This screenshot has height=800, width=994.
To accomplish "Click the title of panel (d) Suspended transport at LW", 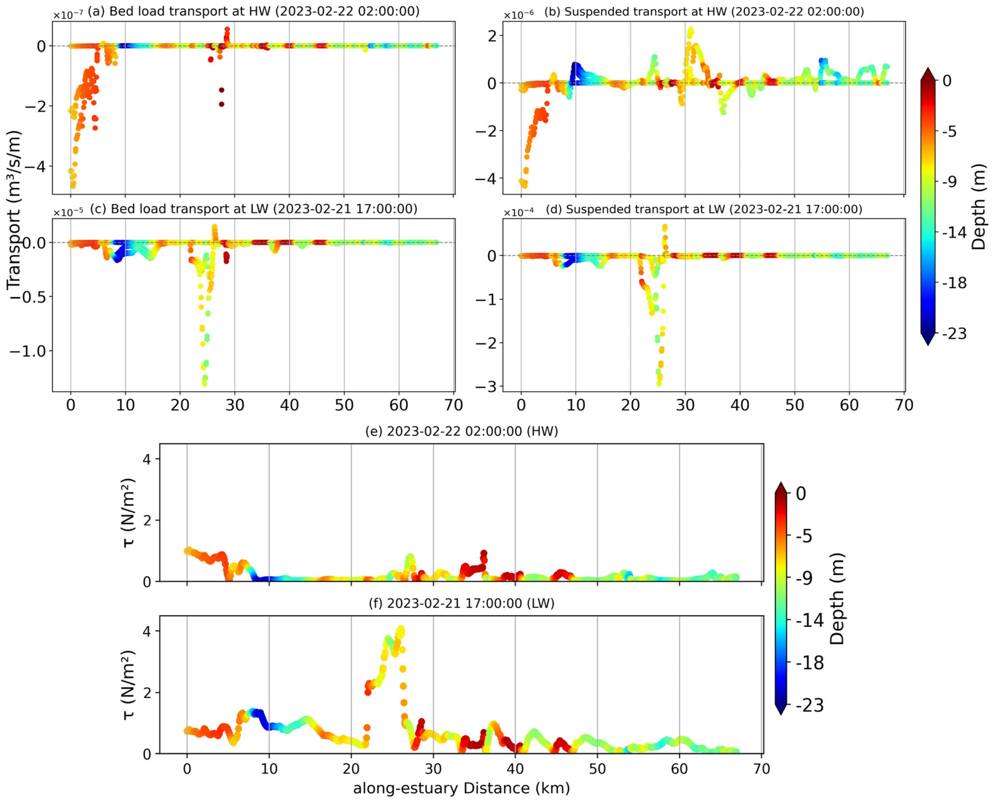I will point(704,209).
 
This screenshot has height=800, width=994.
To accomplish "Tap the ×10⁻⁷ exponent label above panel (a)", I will point(68,15).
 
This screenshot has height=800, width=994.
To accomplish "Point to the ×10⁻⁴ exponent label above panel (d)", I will point(518,213).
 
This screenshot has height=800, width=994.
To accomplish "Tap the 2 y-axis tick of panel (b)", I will point(493,35).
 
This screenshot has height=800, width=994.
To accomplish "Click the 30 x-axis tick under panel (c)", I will point(235,405).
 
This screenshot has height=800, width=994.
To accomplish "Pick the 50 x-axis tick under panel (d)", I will point(794,405).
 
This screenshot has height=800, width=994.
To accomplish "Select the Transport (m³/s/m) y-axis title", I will point(14,210).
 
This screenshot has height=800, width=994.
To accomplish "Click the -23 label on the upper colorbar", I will point(954,333).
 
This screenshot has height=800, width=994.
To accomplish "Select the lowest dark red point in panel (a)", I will point(221,104).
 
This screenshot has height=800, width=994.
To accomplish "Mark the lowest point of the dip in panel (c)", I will point(204,383).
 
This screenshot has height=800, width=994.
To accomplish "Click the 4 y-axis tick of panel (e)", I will point(147,459).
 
